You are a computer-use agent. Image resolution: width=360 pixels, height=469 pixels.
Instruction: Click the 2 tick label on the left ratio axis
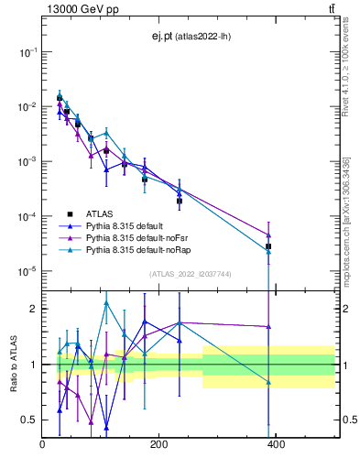click(35, 309)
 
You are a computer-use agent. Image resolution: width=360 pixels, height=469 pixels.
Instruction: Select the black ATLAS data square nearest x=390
click(268, 246)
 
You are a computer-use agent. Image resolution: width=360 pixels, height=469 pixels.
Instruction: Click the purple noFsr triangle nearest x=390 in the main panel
click(268, 234)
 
